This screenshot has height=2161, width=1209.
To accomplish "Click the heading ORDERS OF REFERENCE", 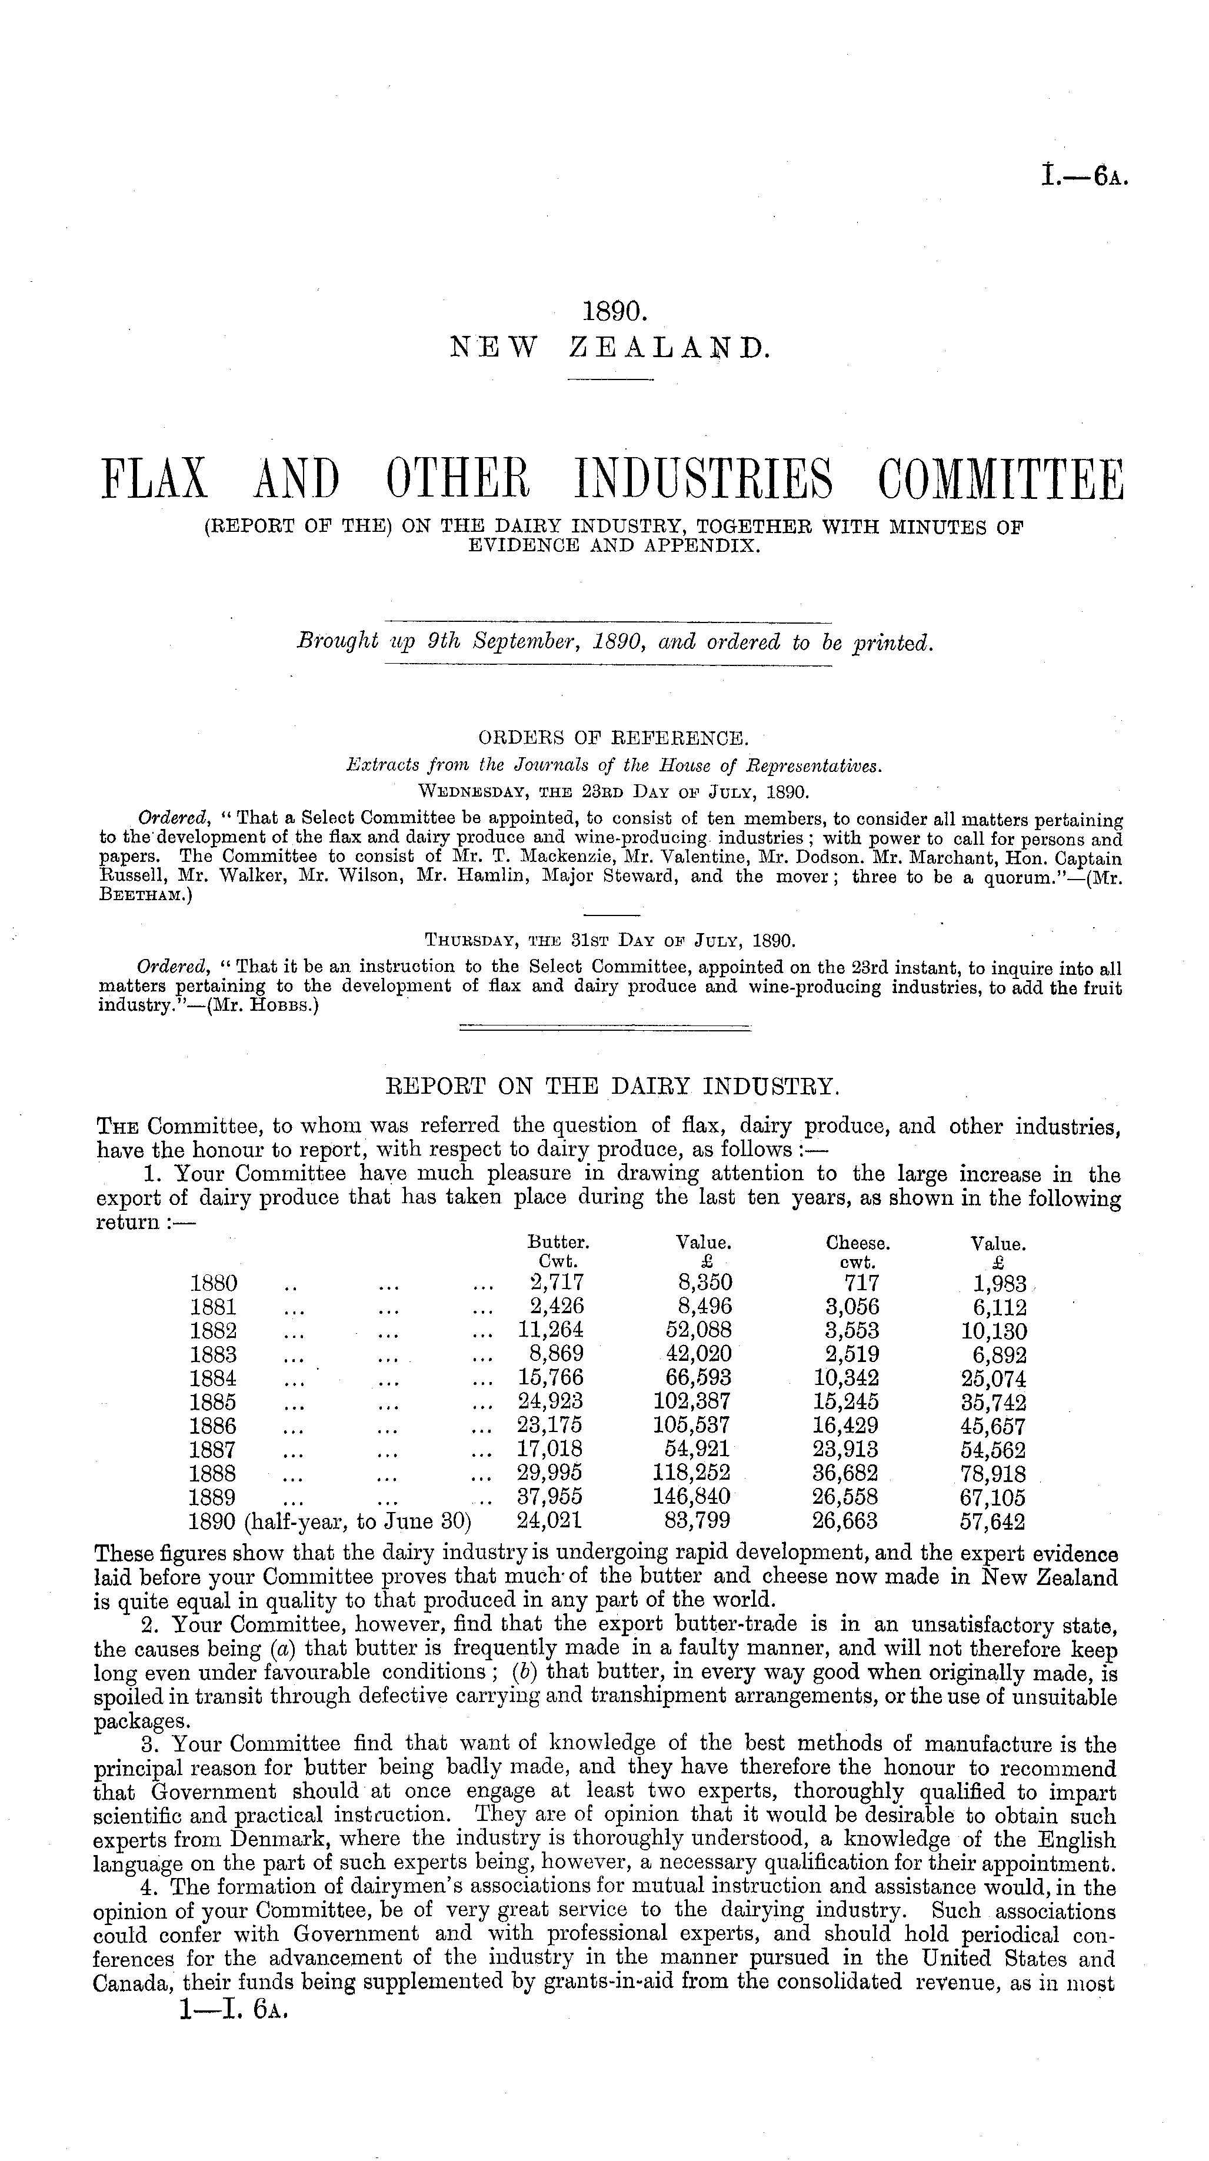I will tap(612, 739).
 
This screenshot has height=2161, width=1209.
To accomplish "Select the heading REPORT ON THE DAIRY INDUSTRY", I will tap(612, 1087).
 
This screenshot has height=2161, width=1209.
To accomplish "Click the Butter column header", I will tap(557, 1243).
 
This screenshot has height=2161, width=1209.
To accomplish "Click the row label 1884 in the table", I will tap(213, 1378).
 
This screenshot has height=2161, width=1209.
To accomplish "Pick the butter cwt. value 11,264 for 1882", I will tap(551, 1330).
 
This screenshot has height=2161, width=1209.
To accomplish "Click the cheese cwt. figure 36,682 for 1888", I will tap(846, 1473).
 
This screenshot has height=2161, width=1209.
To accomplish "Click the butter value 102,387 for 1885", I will tap(692, 1402).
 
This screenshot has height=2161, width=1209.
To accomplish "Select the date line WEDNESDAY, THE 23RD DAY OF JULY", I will tap(612, 792).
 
